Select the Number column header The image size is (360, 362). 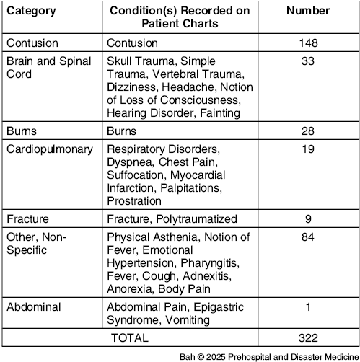(x=308, y=12)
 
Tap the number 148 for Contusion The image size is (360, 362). (x=308, y=44)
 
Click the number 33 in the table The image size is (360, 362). (x=308, y=61)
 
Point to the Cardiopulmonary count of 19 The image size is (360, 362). (x=308, y=149)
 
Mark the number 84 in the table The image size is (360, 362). (x=308, y=237)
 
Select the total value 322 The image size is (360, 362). (x=308, y=337)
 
